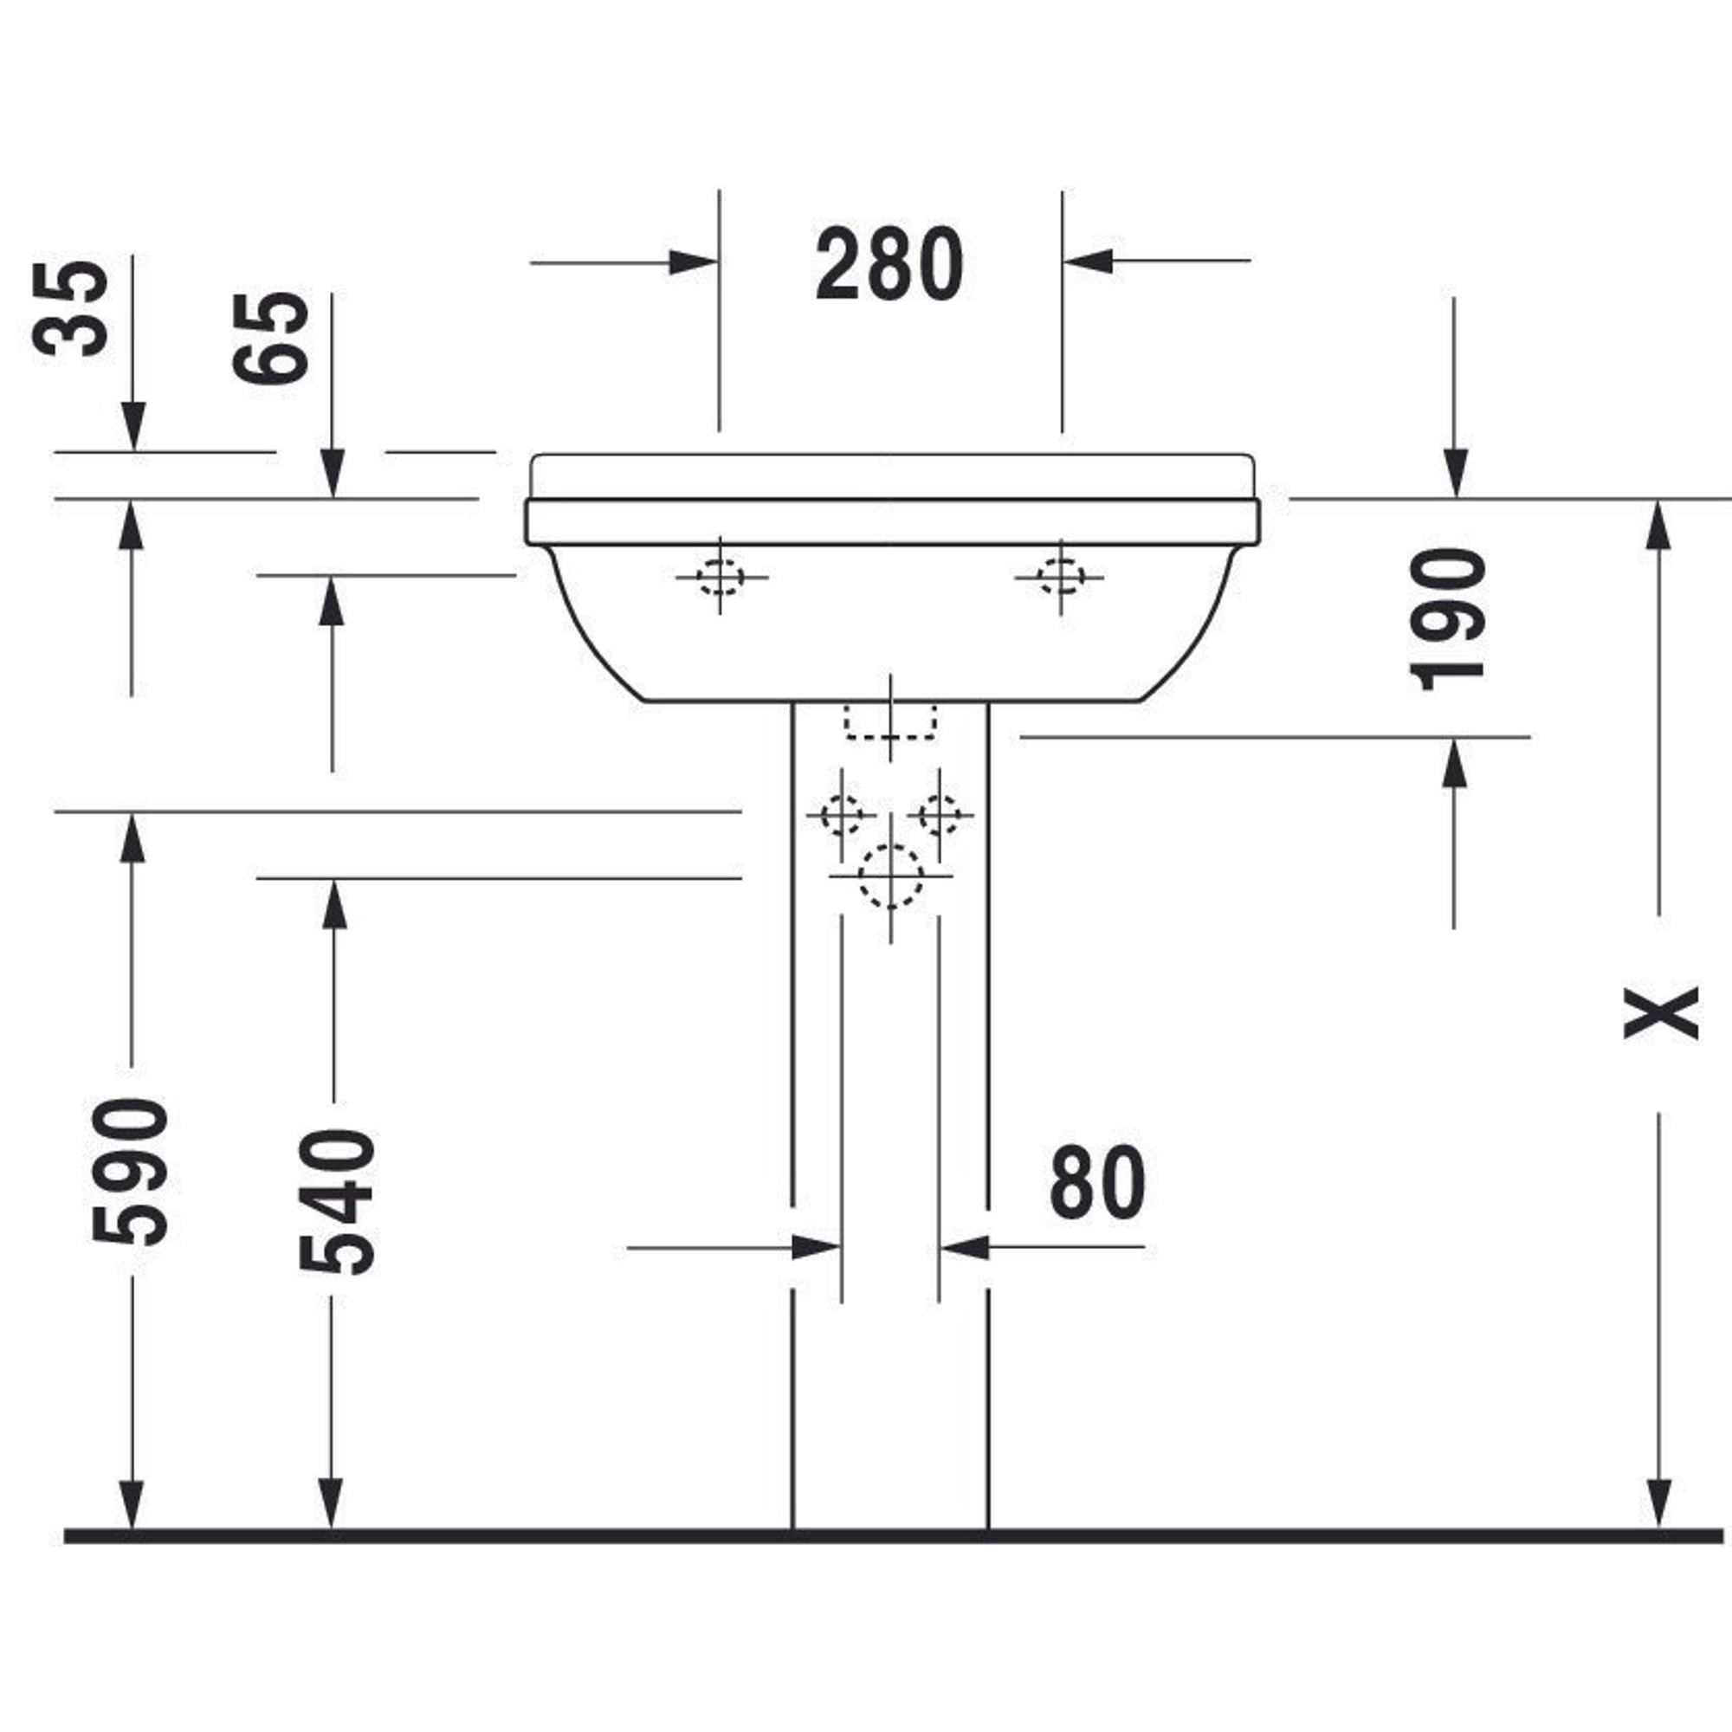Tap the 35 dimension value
pos(70,309)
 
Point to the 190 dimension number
pos(1447,619)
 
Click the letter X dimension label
pos(1661,1013)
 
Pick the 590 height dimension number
pos(130,1171)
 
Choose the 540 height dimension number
pos(336,1201)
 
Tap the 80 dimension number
pos(1097,1182)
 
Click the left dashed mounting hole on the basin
pos(720,577)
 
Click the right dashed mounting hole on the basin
pos(1061,577)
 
